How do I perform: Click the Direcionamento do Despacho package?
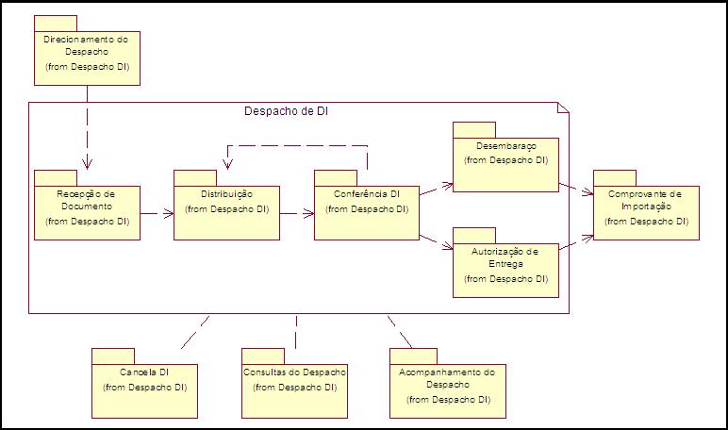pos(86,57)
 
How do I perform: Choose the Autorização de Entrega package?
pos(505,268)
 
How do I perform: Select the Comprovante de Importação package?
pos(646,212)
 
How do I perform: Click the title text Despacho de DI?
pos(286,111)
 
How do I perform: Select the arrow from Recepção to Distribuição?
pos(157,213)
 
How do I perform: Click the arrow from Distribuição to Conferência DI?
pos(296,213)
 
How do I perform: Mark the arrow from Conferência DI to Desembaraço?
pos(435,188)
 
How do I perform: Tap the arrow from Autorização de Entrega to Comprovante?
pos(575,243)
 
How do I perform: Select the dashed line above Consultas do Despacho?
pos(296,331)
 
